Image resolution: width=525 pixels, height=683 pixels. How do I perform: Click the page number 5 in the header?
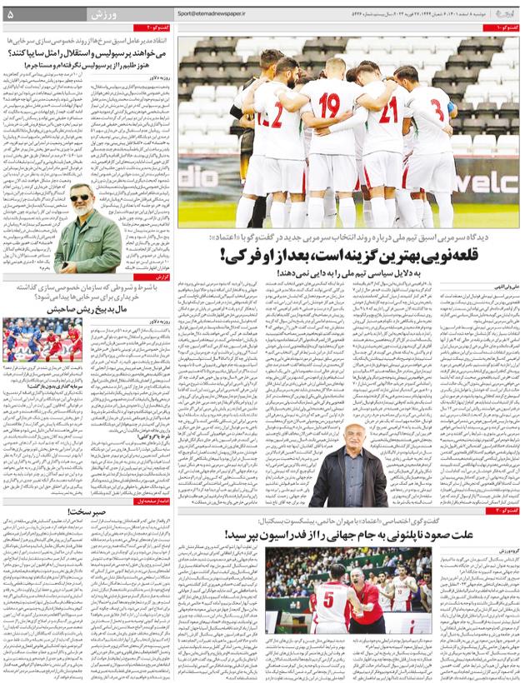[10, 14]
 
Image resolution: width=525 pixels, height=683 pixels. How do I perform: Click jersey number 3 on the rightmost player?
[440, 108]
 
